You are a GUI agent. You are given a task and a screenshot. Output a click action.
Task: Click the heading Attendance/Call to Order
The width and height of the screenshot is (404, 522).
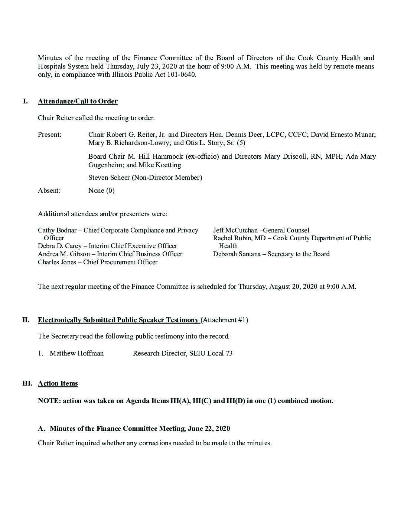(x=78, y=101)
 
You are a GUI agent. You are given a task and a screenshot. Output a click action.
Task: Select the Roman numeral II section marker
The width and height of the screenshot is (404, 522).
(x=26, y=320)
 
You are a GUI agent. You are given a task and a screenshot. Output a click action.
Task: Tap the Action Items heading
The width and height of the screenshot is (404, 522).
(x=58, y=383)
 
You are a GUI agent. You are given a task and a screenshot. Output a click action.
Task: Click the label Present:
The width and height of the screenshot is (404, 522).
(x=50, y=135)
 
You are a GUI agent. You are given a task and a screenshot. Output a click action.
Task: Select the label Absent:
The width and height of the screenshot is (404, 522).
(x=49, y=191)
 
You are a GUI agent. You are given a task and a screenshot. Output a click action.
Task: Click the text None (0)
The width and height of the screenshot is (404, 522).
(x=101, y=191)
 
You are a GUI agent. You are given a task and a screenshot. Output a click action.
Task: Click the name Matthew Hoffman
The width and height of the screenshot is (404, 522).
(x=76, y=353)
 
